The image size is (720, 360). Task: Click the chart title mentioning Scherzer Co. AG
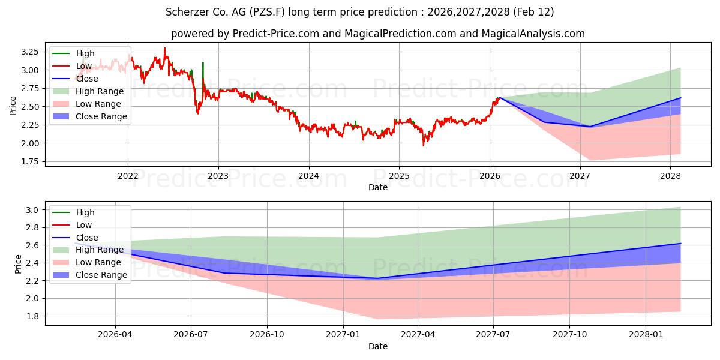pos(359,12)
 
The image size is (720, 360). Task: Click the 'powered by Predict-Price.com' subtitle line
pos(359,34)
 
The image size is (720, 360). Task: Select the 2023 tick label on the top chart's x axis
pos(218,176)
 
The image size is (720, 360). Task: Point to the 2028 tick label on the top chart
pos(670,176)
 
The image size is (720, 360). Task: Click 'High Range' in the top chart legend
pos(100,91)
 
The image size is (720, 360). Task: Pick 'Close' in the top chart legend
pos(87,79)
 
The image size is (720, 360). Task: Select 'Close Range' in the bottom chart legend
pos(101,275)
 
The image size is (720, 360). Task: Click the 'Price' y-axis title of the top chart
pos(13,106)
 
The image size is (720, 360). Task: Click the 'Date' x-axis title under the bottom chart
pos(377,346)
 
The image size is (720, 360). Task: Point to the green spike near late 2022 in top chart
pos(203,63)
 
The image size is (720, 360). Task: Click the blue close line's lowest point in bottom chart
pos(377,278)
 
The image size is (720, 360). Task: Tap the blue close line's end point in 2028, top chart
pos(680,98)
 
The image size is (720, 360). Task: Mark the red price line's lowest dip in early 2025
pos(423,145)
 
